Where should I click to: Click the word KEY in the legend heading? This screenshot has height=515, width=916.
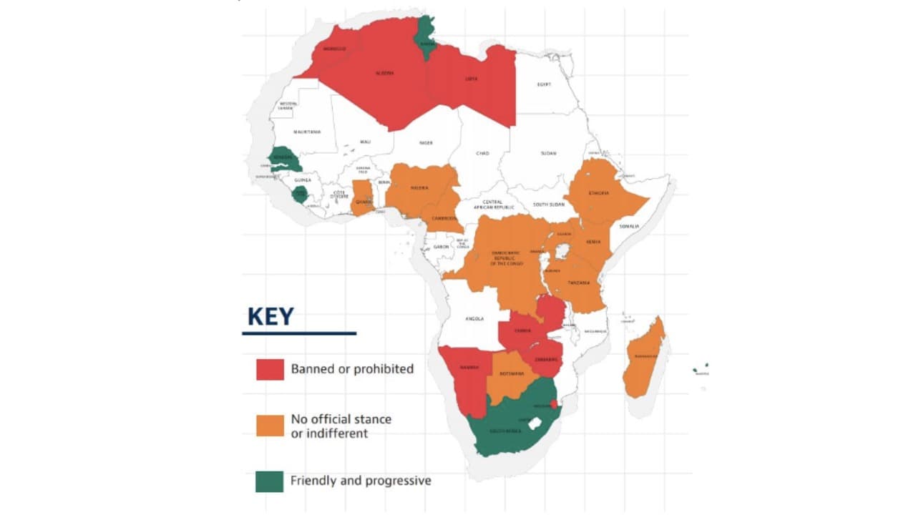click(271, 316)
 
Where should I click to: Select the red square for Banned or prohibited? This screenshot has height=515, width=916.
click(270, 369)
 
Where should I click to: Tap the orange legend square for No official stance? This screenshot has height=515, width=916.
click(270, 425)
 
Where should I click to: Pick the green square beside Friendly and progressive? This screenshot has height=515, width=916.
click(270, 481)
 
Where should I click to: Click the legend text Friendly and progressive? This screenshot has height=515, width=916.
click(361, 481)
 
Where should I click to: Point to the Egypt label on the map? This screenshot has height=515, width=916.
click(544, 84)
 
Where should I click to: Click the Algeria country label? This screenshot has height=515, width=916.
click(384, 73)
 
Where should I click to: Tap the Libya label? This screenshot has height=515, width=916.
click(472, 79)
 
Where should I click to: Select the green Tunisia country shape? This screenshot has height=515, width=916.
click(427, 36)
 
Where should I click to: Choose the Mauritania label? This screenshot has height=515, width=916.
click(306, 132)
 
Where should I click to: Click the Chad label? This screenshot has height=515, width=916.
click(482, 153)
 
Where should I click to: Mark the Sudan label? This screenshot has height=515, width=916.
click(548, 153)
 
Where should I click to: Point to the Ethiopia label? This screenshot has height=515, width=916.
click(598, 193)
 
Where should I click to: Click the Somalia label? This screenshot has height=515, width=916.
click(630, 227)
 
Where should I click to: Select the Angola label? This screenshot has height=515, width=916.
click(474, 318)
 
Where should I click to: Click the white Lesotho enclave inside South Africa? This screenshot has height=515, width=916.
click(532, 423)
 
